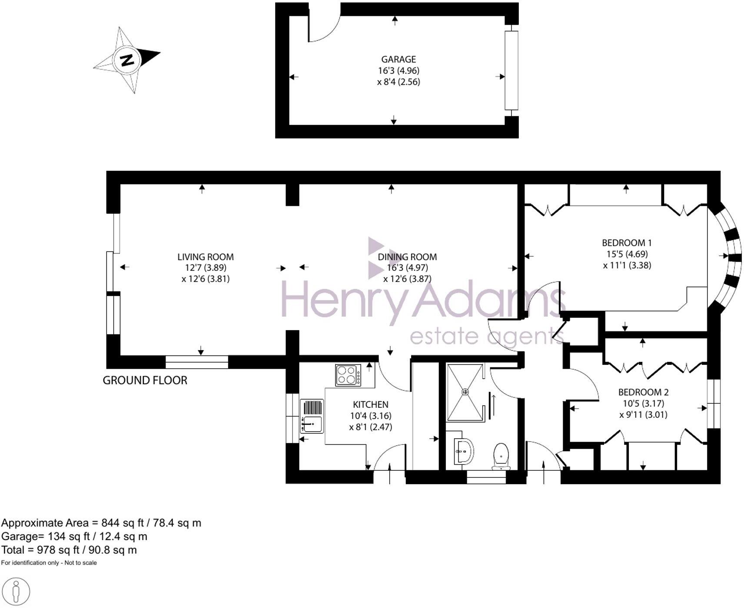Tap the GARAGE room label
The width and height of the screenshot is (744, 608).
tap(398, 59)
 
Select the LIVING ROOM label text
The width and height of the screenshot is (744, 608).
tap(205, 257)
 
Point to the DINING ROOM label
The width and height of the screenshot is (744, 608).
tap(407, 257)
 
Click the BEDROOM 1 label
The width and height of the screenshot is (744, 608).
tap(627, 243)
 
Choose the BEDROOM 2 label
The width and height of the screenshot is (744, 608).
tap(643, 392)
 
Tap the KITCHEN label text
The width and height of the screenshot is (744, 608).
tap(370, 404)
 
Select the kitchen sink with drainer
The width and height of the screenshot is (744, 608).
tap(312, 416)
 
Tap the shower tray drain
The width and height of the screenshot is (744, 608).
tap(465, 392)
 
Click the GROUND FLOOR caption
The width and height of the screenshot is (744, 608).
tap(145, 380)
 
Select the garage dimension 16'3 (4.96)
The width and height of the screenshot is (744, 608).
tap(398, 70)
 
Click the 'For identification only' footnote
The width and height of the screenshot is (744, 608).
tap(49, 563)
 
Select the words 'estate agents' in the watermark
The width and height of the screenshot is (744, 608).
tap(487, 337)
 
